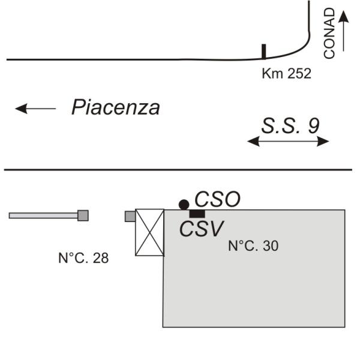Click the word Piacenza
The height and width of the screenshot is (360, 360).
tap(116, 107)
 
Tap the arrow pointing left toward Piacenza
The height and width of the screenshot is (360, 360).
tap(35, 109)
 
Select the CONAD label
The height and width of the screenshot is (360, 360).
tap(329, 33)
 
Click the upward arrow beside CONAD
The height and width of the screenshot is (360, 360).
tap(343, 31)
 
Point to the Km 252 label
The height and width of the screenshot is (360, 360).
tap(287, 73)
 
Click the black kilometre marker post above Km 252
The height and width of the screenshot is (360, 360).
tap(264, 52)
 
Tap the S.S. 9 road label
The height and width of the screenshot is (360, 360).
tap(290, 126)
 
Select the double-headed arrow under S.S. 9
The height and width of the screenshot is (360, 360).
tap(288, 141)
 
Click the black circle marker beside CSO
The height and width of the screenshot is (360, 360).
tap(184, 205)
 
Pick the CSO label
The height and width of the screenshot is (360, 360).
tap(217, 199)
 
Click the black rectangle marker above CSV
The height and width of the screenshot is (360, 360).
tap(197, 214)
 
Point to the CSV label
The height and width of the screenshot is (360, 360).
tap(201, 229)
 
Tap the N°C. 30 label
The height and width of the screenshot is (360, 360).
tap(253, 245)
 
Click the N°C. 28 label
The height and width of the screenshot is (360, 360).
tap(83, 258)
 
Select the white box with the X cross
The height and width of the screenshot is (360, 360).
tap(149, 232)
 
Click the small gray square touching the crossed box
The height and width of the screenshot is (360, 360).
tap(130, 217)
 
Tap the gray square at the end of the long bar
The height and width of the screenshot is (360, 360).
tap(83, 215)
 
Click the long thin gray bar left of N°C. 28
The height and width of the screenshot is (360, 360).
tap(43, 215)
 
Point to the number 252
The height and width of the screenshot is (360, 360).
tap(299, 73)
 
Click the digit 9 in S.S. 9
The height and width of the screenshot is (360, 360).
tap(314, 126)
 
